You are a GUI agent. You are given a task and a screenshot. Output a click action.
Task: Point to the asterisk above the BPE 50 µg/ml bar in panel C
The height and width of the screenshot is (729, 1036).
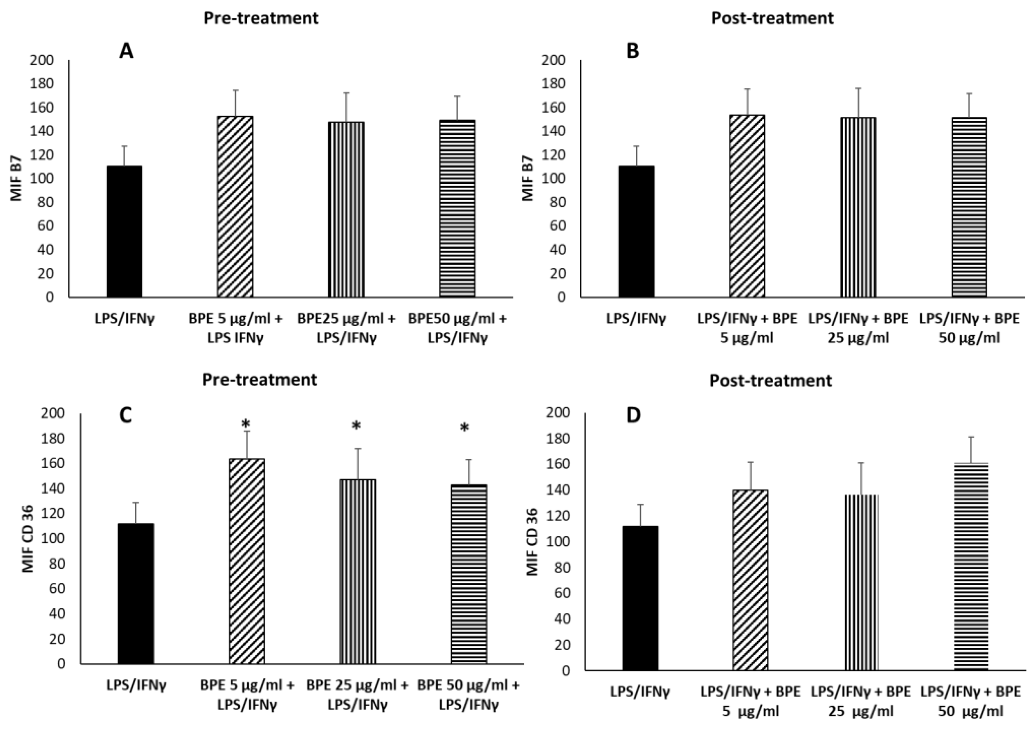[x=465, y=428]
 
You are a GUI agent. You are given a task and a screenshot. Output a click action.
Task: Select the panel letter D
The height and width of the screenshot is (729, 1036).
[x=634, y=415]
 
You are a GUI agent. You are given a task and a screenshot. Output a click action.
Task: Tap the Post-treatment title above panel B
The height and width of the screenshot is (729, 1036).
[x=773, y=19]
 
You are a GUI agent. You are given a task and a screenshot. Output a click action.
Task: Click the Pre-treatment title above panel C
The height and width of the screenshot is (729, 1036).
[x=259, y=380]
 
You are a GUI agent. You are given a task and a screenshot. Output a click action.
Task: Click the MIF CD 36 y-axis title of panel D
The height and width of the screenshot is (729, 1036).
[x=532, y=542]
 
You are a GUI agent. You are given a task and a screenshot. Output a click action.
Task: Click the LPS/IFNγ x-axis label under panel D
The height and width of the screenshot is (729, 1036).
[x=640, y=691]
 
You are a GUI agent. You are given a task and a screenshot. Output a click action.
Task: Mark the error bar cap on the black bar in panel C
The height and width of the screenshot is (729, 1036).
[x=136, y=502]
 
